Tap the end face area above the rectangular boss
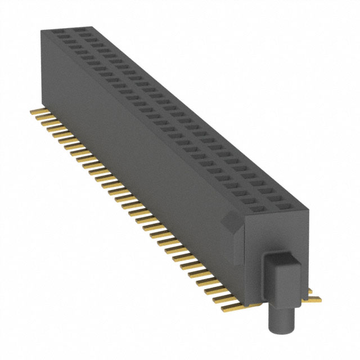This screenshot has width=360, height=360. coord(276,233)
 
